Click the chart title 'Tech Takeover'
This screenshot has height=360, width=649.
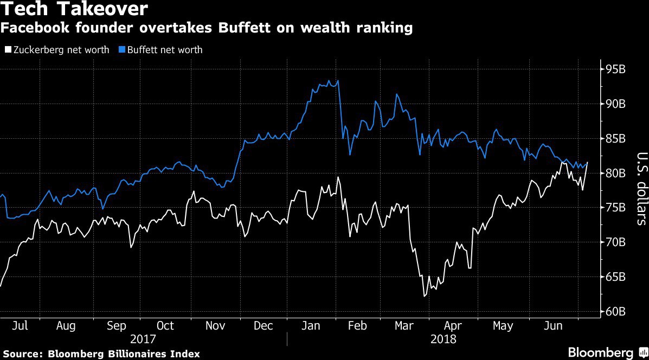click(x=74, y=9)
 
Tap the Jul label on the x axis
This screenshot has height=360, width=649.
click(x=20, y=326)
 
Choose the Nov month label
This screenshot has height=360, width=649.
click(x=215, y=326)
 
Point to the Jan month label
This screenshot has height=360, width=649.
click(x=311, y=326)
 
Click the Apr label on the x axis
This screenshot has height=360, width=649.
click(x=453, y=326)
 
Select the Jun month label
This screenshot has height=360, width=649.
click(x=552, y=326)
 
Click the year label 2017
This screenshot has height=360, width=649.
click(x=143, y=339)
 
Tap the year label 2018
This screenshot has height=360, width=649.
click(x=443, y=339)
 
